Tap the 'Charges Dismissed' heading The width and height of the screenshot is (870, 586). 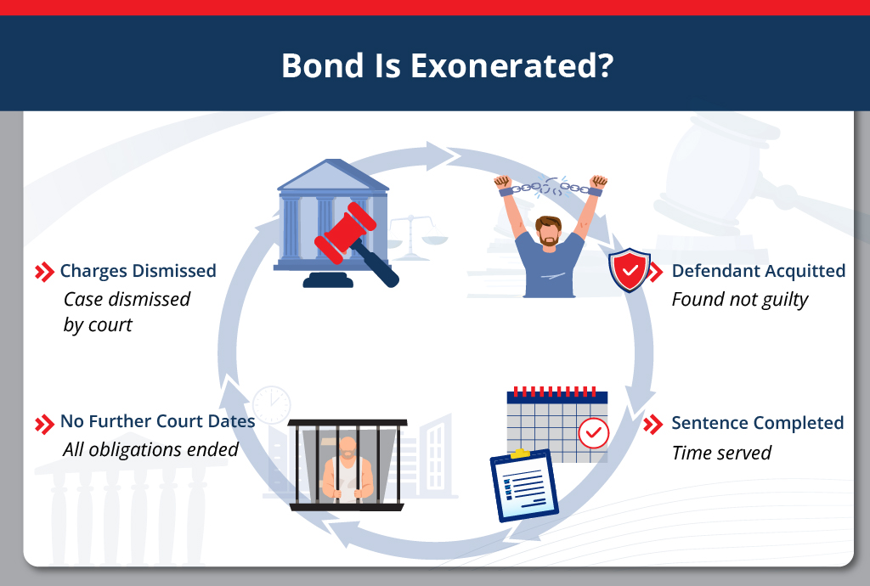(x=138, y=271)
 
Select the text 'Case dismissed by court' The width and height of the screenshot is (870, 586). (x=127, y=312)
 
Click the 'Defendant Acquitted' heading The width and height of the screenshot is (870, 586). (x=758, y=271)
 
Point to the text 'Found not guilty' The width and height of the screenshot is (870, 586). (x=739, y=300)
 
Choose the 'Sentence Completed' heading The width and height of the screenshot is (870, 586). (x=757, y=423)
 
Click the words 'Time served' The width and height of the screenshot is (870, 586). (x=720, y=453)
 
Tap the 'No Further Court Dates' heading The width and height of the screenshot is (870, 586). (x=157, y=421)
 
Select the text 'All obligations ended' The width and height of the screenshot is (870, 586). (x=150, y=449)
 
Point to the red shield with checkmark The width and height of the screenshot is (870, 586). (x=630, y=271)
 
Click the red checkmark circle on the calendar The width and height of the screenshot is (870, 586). (x=593, y=433)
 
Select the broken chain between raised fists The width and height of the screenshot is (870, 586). (x=550, y=187)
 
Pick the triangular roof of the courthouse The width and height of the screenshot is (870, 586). (x=332, y=175)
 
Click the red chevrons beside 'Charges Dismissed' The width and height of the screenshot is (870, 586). (x=44, y=272)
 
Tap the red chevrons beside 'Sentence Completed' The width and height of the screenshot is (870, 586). (x=653, y=424)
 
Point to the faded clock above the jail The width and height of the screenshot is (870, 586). (x=272, y=405)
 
